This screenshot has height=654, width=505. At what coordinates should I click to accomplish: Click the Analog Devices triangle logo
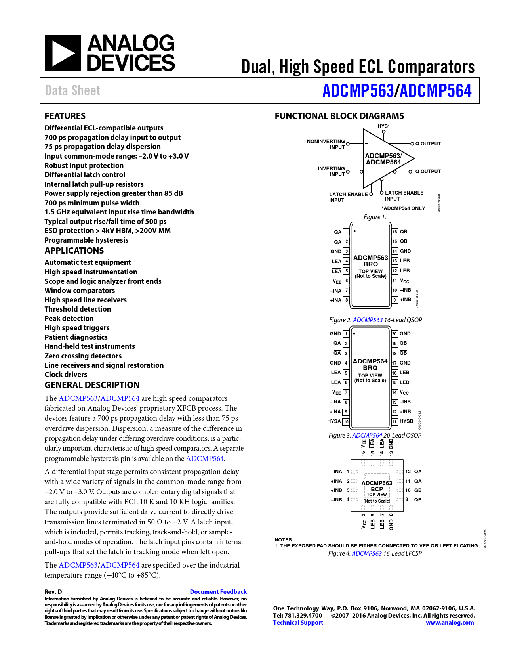(x=63, y=53)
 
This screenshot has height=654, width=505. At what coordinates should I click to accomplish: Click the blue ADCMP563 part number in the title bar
(x=358, y=91)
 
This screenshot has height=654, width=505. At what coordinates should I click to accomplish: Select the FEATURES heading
(x=65, y=116)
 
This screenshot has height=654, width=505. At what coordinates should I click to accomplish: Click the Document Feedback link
(x=218, y=591)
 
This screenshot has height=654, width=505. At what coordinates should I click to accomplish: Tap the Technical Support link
(x=298, y=622)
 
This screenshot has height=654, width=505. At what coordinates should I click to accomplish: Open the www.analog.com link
(x=450, y=622)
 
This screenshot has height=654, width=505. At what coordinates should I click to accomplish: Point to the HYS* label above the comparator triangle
(x=383, y=126)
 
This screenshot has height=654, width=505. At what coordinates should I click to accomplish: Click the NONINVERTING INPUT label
(x=326, y=144)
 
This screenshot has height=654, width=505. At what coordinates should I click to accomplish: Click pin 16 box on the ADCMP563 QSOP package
(x=395, y=232)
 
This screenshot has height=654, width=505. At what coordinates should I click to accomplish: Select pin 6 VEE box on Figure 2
(x=347, y=281)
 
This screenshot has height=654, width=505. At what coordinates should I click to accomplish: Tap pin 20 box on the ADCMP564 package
(x=394, y=334)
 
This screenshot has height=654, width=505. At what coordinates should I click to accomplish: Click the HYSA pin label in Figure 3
(x=334, y=421)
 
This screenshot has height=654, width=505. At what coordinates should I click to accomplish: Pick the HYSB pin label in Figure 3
(x=406, y=421)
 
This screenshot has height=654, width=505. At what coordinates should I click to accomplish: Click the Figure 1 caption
(x=375, y=217)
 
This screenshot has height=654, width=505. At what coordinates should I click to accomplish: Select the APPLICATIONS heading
(x=74, y=251)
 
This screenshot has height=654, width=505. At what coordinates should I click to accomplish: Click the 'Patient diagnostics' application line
(x=76, y=337)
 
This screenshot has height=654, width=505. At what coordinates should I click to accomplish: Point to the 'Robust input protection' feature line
(x=84, y=165)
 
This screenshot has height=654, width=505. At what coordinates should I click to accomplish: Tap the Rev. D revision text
(x=53, y=591)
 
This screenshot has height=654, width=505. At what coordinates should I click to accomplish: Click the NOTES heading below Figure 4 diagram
(x=283, y=539)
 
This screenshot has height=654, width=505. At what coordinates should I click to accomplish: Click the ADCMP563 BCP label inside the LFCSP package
(x=377, y=486)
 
